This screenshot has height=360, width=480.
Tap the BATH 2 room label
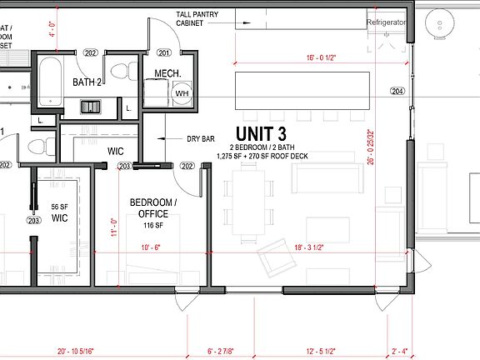(87, 82)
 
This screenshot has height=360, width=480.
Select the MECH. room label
(168, 74)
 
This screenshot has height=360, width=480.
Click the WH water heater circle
(182, 94)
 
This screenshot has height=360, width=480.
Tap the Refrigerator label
(387, 22)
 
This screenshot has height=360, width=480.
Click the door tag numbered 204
(397, 91)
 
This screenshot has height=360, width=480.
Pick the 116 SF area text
(152, 225)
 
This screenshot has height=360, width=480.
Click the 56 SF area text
(59, 206)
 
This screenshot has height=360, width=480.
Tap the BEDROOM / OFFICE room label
(152, 208)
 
